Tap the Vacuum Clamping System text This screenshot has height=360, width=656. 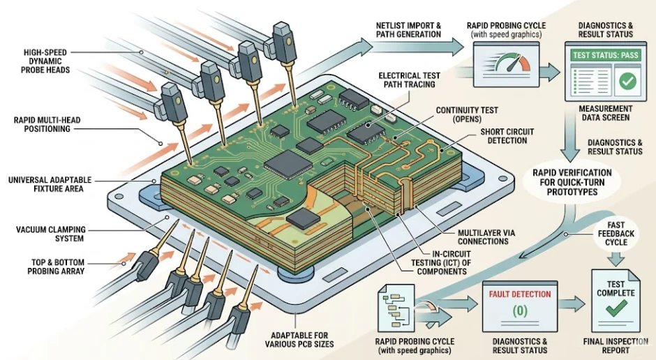pos(47,234)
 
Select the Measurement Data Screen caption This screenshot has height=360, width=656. pos(606,114)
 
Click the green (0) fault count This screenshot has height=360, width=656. pos(519,312)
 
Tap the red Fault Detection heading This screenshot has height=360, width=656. pos(520,294)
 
